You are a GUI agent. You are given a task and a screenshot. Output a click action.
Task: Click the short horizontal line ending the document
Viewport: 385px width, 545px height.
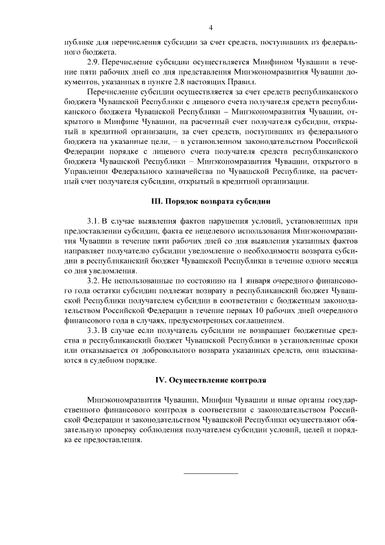pyautogui.click(x=211, y=473)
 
